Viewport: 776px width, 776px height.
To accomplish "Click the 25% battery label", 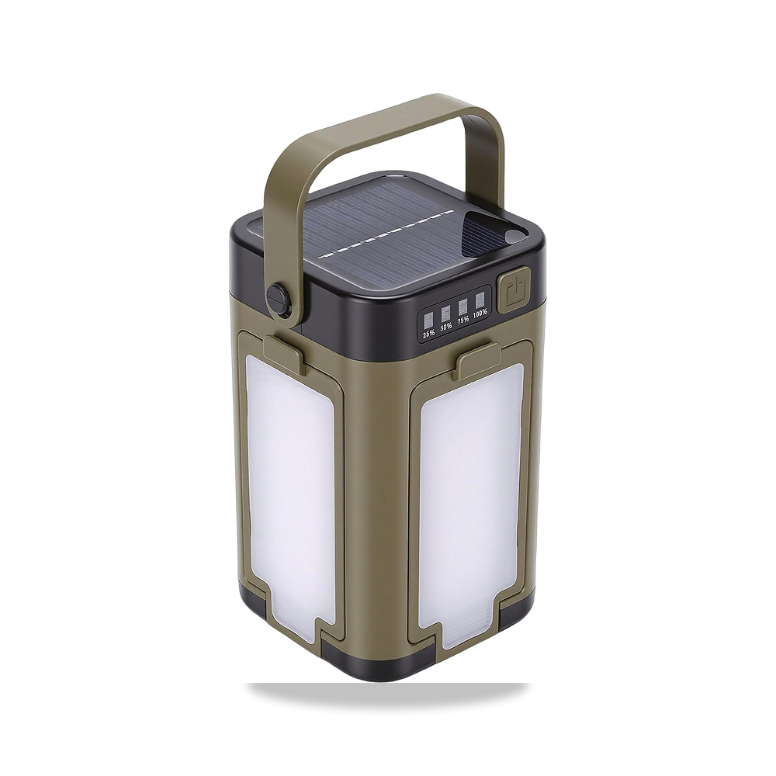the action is (428, 333).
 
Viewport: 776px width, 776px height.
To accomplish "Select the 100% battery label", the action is (480, 314).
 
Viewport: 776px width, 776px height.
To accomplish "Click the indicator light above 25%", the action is (428, 319).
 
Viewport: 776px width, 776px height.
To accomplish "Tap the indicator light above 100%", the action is (480, 300).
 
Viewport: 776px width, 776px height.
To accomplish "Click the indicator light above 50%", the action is (446, 313).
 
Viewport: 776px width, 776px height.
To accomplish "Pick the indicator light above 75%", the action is (463, 306).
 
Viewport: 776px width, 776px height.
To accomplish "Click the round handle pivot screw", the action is (277, 296).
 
